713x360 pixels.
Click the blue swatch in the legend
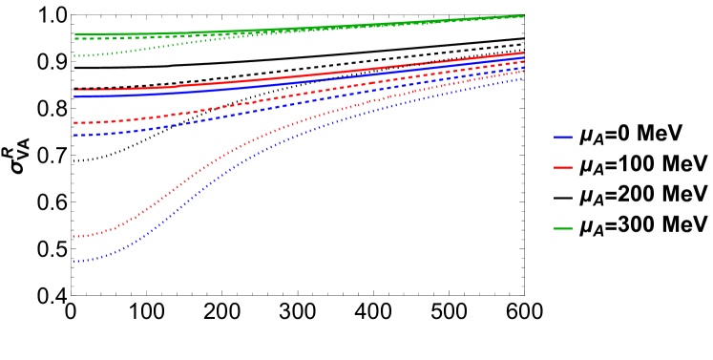pos(563,138)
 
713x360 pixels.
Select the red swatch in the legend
pos(563,168)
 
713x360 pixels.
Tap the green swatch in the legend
pos(563,229)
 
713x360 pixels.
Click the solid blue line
pos(239,88)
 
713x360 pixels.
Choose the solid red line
pos(239,82)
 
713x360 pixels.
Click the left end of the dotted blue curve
pos(74,262)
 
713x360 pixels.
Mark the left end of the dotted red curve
pos(74,237)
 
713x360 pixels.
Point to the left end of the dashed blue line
pos(74,136)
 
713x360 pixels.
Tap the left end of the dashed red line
pos(74,123)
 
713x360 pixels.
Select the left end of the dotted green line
pos(74,56)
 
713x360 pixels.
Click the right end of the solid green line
pos(524,15)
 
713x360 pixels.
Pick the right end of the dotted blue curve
pos(524,77)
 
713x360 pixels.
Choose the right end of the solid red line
pos(524,53)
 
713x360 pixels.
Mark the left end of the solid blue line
pos(74,96)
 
